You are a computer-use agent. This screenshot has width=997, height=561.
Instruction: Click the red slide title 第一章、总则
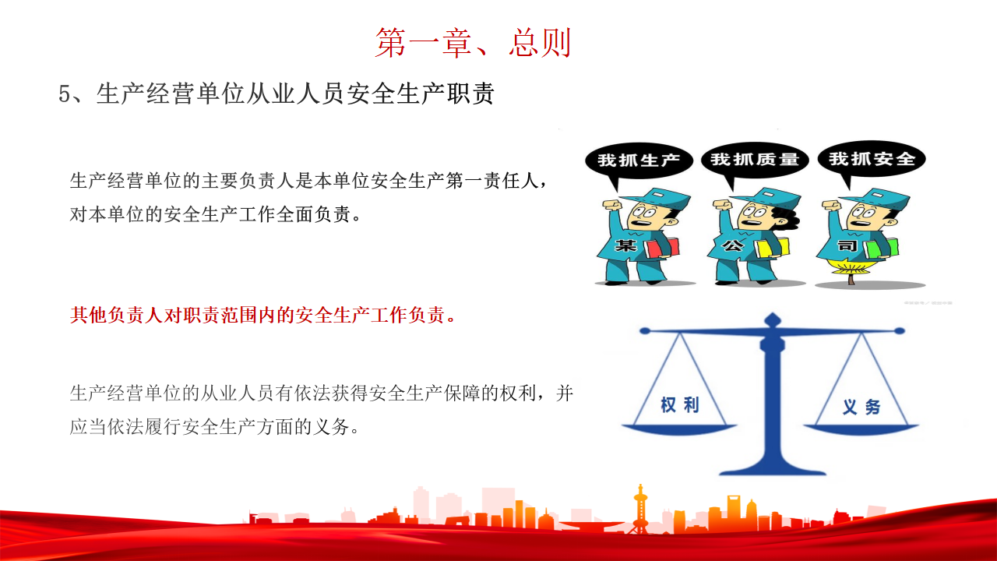coord(473,43)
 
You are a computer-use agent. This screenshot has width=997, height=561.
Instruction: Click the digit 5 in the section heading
coord(65,94)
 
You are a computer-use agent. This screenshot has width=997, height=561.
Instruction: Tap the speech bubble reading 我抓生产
coord(639,161)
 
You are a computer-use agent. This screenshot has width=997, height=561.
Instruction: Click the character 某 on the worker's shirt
coord(625,245)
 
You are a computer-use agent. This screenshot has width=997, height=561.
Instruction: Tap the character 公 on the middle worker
coord(733,245)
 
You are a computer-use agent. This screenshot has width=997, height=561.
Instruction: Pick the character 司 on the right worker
coord(847,245)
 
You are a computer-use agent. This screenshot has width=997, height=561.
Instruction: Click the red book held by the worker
coord(662,249)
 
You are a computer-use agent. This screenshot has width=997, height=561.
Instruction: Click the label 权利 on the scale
coord(680,405)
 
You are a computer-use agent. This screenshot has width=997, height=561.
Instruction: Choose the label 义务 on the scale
coord(861,407)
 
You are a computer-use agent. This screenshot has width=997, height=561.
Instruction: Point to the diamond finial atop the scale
coord(773,319)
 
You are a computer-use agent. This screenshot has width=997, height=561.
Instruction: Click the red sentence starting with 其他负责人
coord(262,315)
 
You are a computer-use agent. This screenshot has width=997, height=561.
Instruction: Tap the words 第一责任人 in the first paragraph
coord(491,181)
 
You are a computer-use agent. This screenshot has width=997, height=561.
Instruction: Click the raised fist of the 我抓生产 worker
coord(611,206)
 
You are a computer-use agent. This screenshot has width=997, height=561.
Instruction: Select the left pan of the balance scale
coord(679,429)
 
